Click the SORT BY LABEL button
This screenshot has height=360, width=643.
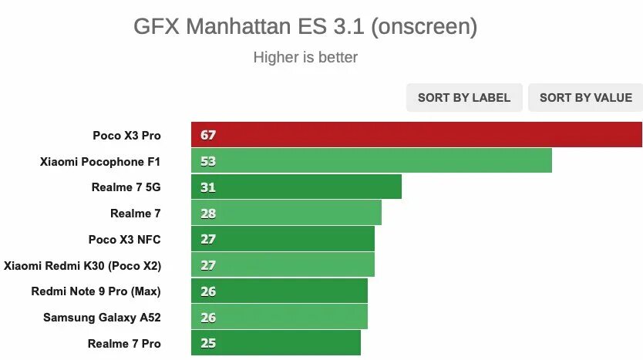[464, 98]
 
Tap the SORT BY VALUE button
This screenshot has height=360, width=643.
[585, 98]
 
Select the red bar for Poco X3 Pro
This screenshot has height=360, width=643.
[416, 135]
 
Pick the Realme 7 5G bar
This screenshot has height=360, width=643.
[297, 187]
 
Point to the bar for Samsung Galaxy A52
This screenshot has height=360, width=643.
[280, 317]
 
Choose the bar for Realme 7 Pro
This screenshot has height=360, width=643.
[276, 343]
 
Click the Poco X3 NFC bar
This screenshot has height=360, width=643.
[283, 239]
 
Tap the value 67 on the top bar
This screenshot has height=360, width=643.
[208, 135]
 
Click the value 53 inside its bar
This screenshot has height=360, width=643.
[208, 161]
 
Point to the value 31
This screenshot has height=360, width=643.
[208, 187]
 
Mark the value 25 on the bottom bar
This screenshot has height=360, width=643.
[208, 343]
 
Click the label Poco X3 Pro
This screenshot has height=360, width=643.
[126, 135]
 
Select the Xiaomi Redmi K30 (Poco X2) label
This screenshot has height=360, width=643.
[82, 265]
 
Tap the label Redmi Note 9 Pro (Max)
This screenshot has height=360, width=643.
[96, 291]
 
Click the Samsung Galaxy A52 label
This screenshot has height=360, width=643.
[102, 317]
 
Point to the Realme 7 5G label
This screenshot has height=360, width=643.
[126, 187]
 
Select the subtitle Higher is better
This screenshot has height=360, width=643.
[305, 58]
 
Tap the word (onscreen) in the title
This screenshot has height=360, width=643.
[424, 27]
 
